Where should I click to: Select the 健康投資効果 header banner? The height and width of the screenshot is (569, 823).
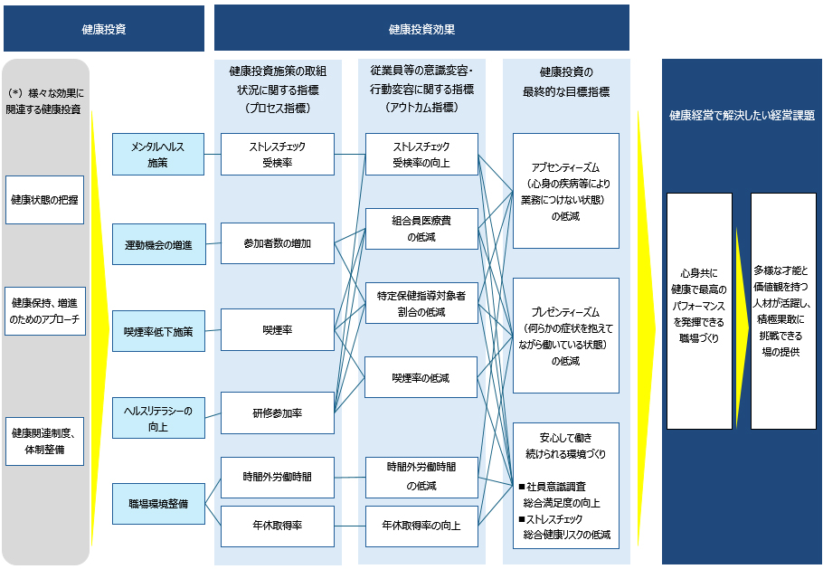click(421, 29)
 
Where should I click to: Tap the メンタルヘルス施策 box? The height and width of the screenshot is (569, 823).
click(159, 155)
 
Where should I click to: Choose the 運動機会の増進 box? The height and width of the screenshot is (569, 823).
click(159, 244)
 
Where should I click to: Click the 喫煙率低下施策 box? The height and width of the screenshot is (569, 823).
click(159, 331)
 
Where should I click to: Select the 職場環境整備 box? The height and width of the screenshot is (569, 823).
click(159, 504)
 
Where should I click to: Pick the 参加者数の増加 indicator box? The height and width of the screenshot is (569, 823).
click(278, 243)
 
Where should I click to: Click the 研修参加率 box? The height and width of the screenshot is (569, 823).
click(278, 413)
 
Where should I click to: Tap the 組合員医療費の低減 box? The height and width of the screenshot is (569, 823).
click(421, 228)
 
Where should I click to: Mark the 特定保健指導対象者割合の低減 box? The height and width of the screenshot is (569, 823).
click(421, 303)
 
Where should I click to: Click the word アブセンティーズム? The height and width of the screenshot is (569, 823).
click(565, 167)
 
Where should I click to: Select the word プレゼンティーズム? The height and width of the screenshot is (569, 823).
click(565, 312)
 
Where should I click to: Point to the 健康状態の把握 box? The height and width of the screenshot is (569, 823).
click(45, 199)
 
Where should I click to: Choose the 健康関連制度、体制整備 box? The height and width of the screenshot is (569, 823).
click(45, 441)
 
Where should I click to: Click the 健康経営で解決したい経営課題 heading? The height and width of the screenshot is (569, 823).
click(742, 116)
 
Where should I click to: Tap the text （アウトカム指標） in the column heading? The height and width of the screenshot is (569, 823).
click(421, 107)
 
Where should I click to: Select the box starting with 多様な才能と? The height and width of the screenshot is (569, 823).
click(783, 310)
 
